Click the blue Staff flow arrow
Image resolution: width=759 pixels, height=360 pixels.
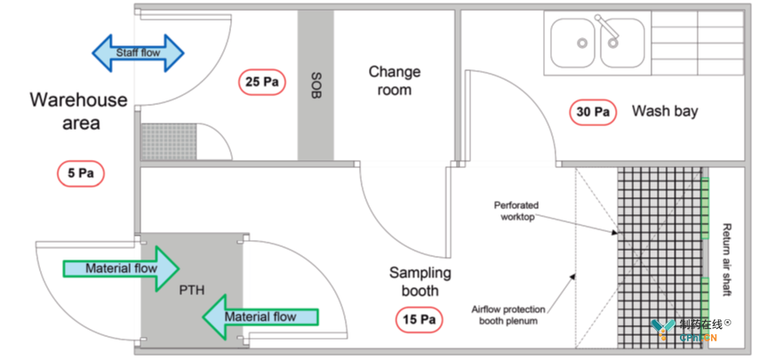coord(138,52)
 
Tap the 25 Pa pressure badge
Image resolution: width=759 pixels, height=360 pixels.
coord(262,82)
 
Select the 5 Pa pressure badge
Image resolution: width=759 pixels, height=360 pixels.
coord(81,173)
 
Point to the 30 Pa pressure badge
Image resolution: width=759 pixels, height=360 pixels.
coord(593,112)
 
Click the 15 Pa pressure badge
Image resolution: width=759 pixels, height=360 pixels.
coord(419,319)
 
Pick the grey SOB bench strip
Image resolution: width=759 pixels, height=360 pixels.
coord(316,85)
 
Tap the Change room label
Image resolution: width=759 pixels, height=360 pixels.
coord(394,81)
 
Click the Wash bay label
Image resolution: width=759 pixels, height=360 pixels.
coord(665,111)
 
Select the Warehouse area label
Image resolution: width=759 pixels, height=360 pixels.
coord(79,111)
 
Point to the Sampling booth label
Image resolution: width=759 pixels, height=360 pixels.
coord(420,282)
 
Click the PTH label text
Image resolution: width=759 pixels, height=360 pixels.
coord(192,290)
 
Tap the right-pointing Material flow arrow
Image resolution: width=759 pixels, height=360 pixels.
coord(121,268)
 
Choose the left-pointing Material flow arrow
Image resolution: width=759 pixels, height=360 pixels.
coord(260,317)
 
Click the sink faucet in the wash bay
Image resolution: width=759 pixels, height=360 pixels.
coord(609,30)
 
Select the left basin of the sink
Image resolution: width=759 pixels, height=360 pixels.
coord(573,43)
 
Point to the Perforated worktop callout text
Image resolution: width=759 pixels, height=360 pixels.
coord(516,211)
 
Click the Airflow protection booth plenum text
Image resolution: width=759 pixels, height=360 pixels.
coord(508,315)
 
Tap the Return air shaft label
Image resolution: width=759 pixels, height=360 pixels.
coord(725,260)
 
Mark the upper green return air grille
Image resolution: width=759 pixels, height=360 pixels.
coord(706,209)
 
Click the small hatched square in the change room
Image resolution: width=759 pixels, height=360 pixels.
coord(169,141)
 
